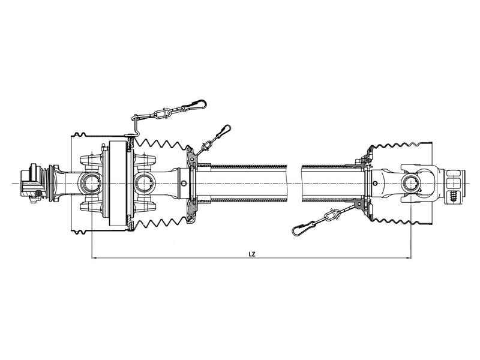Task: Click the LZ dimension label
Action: point(252,254)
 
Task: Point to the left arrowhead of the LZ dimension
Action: point(93,259)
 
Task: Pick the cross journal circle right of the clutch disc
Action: point(146,181)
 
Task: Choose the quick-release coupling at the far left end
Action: point(30,182)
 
